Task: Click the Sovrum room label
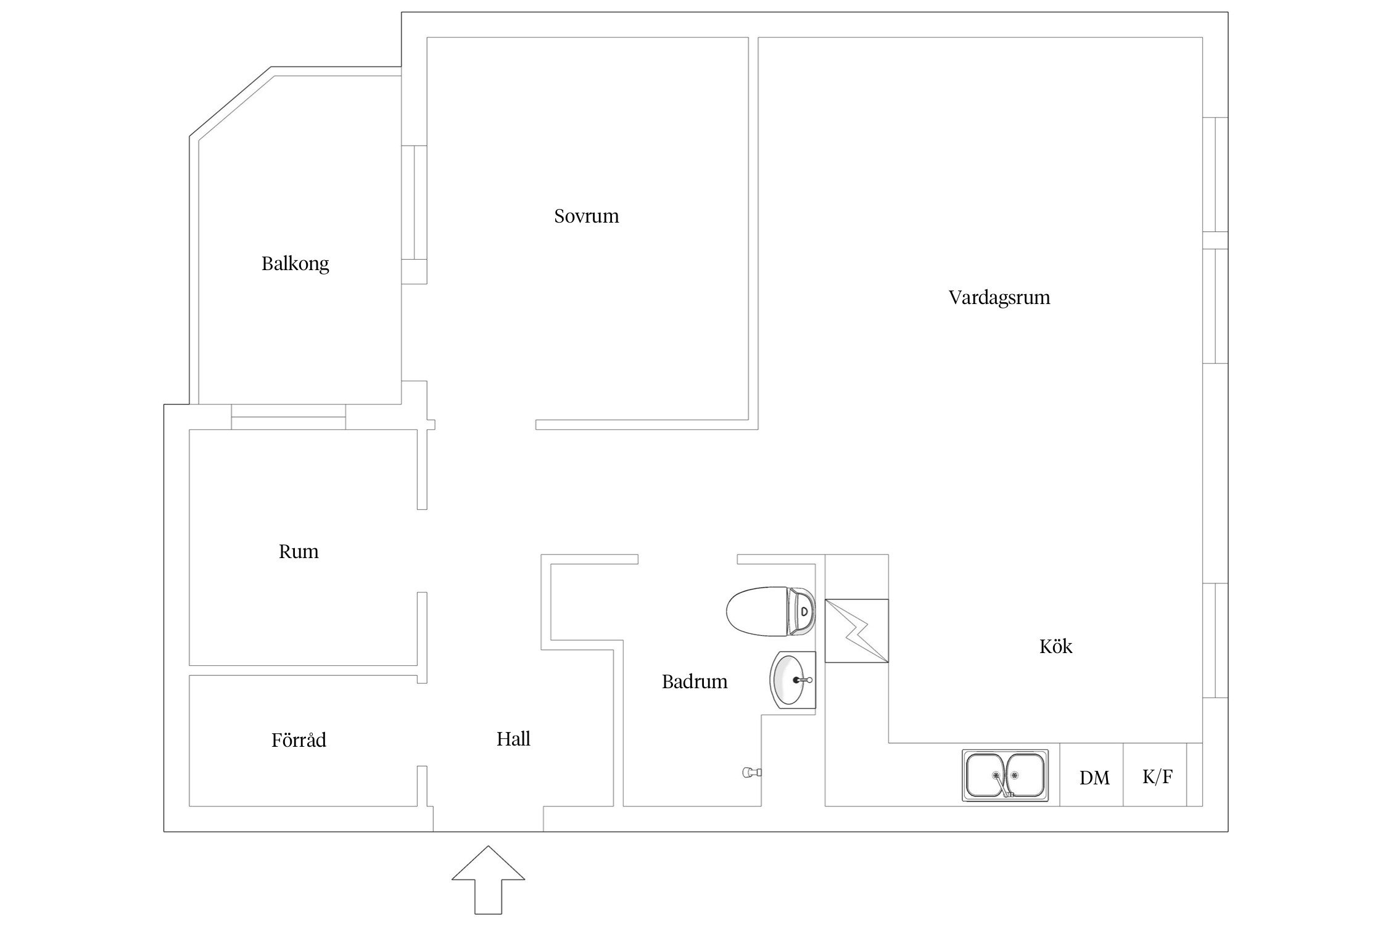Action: pyautogui.click(x=586, y=216)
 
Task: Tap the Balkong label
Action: pyautogui.click(x=295, y=264)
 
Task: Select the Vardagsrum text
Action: pyautogui.click(x=999, y=298)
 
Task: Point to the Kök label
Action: pyautogui.click(x=1055, y=647)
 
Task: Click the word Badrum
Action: pyautogui.click(x=695, y=682)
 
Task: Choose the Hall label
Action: pyautogui.click(x=513, y=739)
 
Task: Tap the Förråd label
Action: pyautogui.click(x=299, y=740)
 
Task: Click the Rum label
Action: pyautogui.click(x=299, y=552)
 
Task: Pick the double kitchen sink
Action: pyautogui.click(x=1005, y=776)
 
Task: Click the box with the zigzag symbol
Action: pyautogui.click(x=856, y=631)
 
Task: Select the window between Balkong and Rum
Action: pyautogui.click(x=288, y=417)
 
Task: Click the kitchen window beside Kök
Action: pyautogui.click(x=1215, y=640)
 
